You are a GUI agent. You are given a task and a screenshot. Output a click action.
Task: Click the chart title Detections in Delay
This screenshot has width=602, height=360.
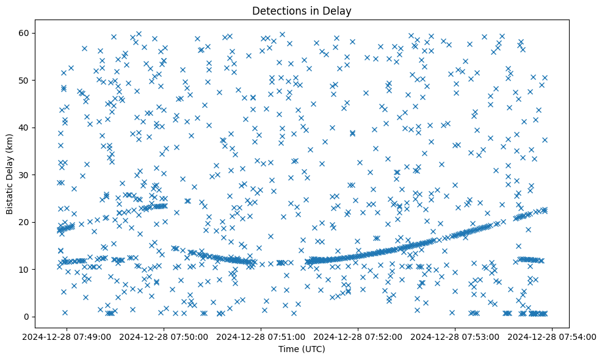coord(301,10)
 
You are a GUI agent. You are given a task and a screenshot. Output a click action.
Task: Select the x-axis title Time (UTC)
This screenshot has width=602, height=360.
coord(301,349)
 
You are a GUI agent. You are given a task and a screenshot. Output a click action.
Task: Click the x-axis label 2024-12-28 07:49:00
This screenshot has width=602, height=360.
coord(67,336)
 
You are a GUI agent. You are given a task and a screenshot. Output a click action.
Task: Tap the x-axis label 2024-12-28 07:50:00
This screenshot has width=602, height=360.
coord(164,336)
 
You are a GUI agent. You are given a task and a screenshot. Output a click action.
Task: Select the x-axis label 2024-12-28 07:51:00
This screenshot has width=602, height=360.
coord(261,336)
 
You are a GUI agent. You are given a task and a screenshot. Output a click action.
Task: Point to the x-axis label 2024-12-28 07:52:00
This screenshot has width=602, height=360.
coord(358,336)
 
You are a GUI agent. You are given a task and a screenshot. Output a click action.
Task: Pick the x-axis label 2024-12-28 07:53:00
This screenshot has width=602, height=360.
coord(455,336)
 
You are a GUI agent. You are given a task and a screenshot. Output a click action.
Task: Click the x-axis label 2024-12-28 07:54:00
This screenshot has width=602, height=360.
coord(553,336)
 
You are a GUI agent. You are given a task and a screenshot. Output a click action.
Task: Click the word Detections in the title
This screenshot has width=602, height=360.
coord(278,10)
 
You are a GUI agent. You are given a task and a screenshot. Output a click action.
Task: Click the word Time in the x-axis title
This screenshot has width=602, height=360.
coord(288,349)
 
